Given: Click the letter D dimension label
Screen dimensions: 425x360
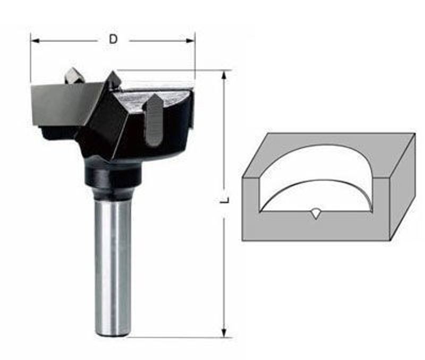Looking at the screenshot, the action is tap(113, 39).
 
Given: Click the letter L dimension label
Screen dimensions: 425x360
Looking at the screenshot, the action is tap(225, 200).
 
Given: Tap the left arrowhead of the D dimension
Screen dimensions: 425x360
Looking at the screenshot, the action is tap(35, 41).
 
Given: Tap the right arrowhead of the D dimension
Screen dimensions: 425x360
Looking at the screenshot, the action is tap(191, 41).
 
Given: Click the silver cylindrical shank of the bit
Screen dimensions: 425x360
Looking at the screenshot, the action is tap(112, 263).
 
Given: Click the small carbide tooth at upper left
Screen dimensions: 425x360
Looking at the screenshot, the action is tap(74, 75).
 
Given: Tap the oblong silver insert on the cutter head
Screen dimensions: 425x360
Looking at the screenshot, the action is tap(154, 119).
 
